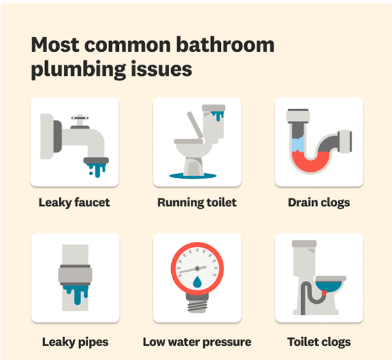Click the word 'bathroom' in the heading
point(225,46)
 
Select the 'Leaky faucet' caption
point(74,203)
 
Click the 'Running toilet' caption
point(197,203)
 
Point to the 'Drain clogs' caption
point(319,203)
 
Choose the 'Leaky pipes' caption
point(74,342)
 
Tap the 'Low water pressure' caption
point(197,342)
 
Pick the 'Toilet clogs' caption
point(319,342)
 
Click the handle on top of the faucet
point(79,120)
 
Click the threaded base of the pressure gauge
point(197,304)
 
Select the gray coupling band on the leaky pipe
point(74,274)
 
